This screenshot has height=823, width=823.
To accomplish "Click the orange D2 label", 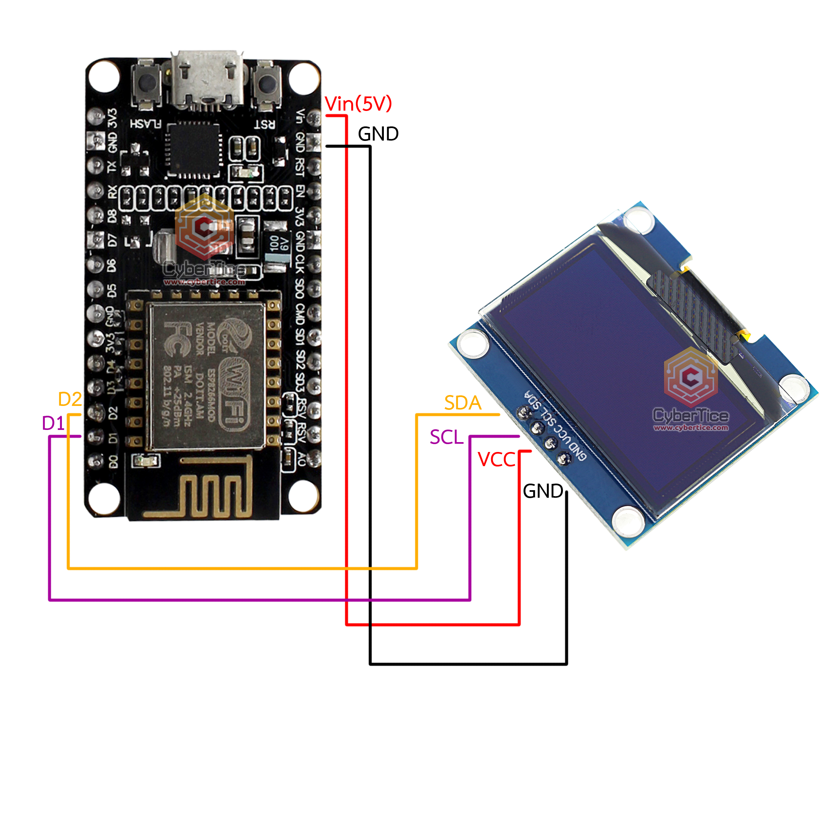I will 70,399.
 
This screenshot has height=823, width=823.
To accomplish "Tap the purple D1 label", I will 53,423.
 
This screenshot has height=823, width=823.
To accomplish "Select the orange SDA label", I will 463,403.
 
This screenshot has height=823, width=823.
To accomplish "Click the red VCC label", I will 496,460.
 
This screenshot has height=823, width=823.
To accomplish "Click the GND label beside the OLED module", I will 543,491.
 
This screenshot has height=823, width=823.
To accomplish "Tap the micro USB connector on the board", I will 207,79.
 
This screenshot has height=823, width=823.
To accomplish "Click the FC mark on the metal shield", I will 177,339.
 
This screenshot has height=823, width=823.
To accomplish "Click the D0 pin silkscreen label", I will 113,461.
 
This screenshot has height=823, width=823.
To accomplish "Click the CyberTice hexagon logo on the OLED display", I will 691,377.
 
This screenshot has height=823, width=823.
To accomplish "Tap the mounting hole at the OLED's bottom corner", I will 628,521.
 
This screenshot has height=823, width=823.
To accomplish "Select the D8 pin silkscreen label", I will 112,216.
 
